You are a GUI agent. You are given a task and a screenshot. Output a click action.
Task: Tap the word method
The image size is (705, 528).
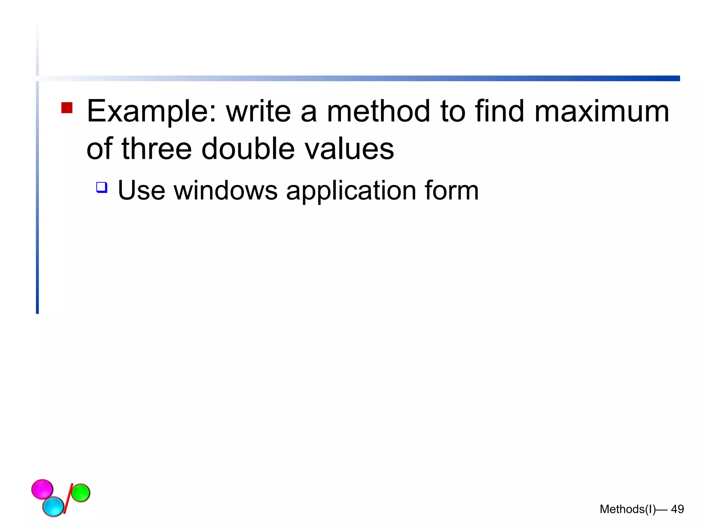378,111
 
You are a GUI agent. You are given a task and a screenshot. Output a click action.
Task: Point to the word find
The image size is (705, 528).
499,111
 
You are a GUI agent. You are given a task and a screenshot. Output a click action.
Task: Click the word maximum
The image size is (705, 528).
602,111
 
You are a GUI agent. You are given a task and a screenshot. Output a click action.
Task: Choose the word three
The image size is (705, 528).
157,149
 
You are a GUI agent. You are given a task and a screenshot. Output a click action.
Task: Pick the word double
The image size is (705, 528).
248,149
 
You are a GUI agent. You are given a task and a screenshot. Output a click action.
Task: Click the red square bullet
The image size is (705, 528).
67,108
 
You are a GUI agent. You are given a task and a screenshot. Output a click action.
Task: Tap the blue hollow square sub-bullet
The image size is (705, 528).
102,187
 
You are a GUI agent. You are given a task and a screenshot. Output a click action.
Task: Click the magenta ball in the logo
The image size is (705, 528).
42,489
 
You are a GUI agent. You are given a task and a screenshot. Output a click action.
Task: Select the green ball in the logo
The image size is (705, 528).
81,493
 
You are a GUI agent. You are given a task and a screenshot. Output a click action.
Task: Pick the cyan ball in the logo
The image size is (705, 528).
53,506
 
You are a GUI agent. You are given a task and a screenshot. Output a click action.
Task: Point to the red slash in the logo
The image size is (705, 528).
68,498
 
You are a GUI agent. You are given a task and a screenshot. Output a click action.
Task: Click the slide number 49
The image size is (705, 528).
677,509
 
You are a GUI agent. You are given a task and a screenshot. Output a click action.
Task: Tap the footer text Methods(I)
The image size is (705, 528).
627,509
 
